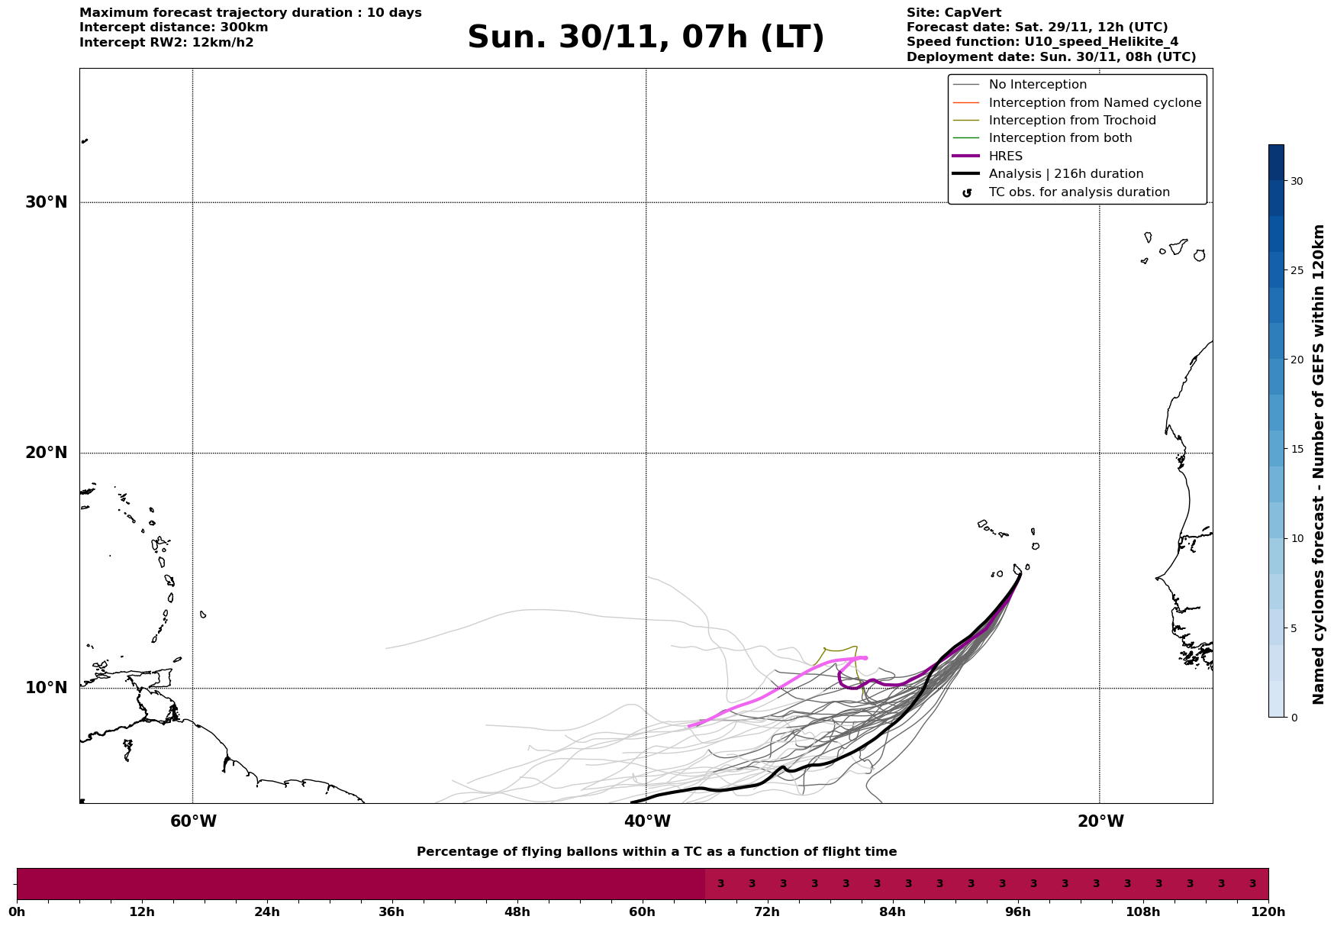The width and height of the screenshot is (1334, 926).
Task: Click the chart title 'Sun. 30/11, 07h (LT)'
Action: pos(646,37)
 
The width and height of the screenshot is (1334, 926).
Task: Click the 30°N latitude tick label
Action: pos(47,202)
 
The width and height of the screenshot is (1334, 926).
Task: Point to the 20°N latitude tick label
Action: pos(47,453)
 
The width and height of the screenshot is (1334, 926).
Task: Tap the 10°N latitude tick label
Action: pos(47,688)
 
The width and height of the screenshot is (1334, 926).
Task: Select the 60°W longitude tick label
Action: pos(193,821)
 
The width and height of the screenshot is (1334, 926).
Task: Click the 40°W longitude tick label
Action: pos(647,821)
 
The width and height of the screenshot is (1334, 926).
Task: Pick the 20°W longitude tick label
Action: pos(1100,821)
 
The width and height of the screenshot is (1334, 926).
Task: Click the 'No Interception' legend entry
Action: pos(1037,85)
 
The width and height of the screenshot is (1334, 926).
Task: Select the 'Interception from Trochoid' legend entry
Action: pos(1071,121)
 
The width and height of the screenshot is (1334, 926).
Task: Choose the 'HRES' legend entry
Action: pos(1005,156)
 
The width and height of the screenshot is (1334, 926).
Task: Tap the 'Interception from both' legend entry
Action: pos(1060,138)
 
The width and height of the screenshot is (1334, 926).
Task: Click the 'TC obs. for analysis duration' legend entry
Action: pos(1078,192)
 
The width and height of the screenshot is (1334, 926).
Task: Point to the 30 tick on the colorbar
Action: pos(1297,181)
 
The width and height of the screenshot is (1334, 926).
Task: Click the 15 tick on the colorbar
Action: pos(1297,449)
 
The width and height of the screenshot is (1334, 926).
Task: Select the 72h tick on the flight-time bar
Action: pos(767,912)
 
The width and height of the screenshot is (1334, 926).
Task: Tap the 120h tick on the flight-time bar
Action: pos(1268,912)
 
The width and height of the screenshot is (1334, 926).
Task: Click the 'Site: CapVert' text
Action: pos(953,13)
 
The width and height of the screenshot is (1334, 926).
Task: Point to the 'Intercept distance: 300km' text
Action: pos(173,27)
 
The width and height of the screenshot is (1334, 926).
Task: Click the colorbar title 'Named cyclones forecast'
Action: pos(1318,464)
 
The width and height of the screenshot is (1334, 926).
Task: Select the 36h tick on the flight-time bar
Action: pos(391,912)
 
